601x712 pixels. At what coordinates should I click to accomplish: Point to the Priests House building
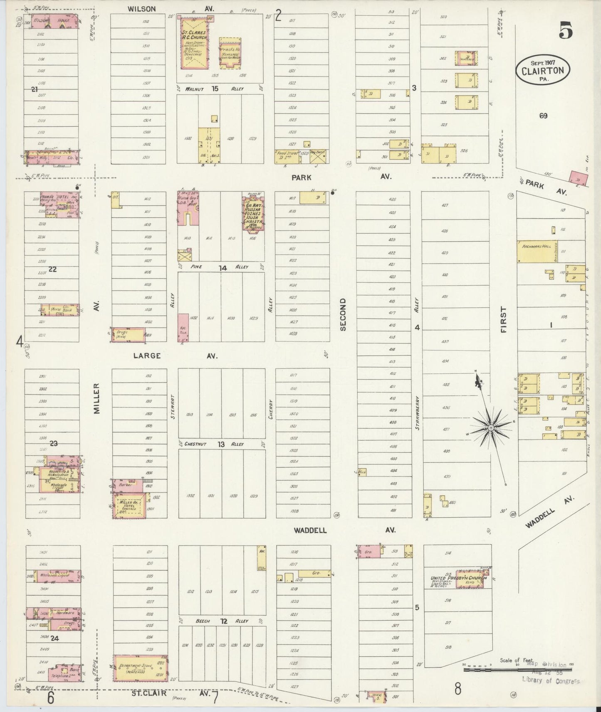(x=230, y=53)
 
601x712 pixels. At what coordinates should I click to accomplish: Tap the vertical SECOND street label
(x=343, y=314)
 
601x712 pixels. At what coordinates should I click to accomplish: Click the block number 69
(x=543, y=116)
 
